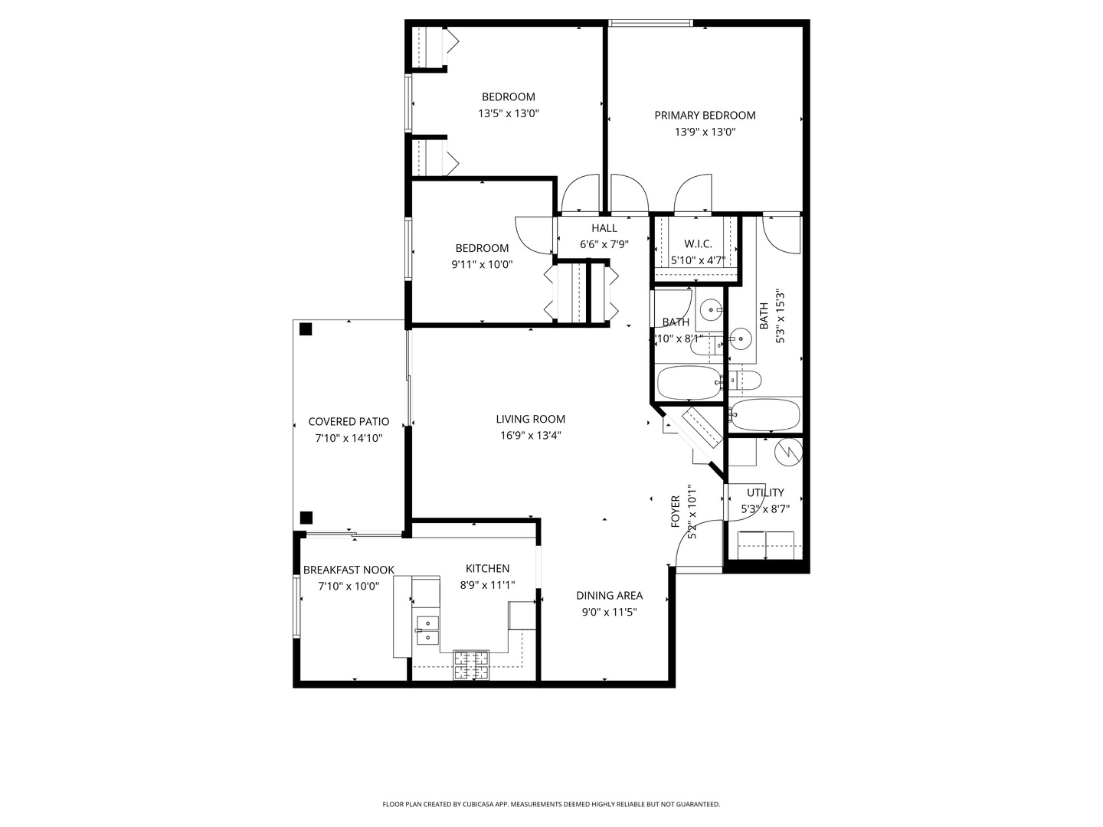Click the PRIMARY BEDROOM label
[704, 116]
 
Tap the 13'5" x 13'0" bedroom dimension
[509, 113]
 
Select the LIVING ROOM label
[530, 419]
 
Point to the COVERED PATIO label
[349, 422]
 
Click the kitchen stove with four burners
[471, 665]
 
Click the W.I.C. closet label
[698, 244]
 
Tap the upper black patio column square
[306, 330]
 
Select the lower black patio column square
[306, 517]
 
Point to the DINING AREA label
[609, 596]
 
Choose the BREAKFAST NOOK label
[349, 570]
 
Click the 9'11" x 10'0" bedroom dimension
[482, 265]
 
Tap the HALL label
[604, 228]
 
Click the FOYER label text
[676, 511]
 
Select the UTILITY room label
[765, 492]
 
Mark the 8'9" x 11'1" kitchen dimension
[487, 585]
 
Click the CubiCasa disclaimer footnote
[551, 804]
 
